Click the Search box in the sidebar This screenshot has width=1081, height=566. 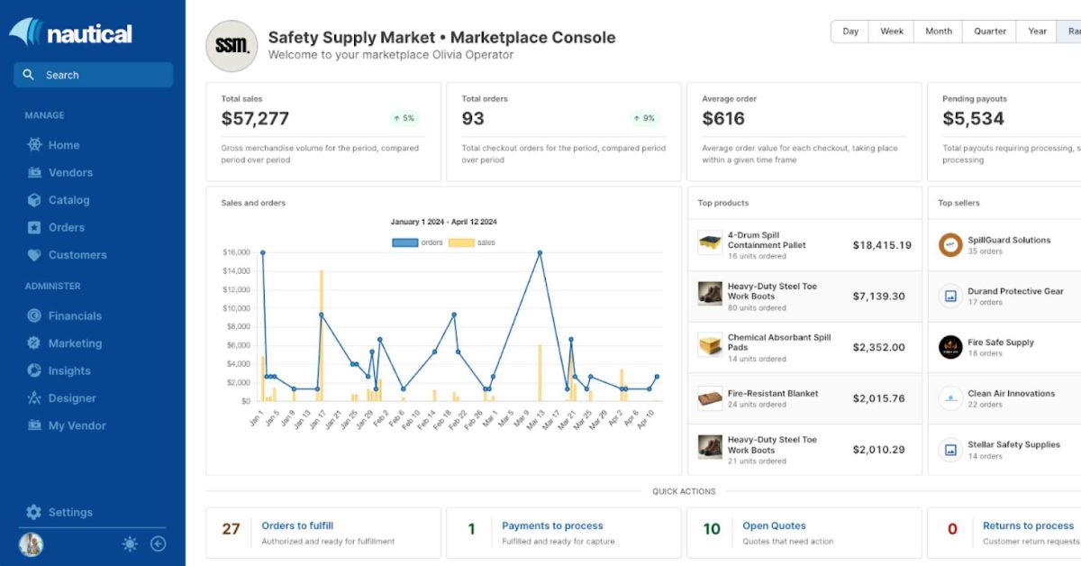(x=93, y=75)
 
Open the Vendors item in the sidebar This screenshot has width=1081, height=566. (x=69, y=172)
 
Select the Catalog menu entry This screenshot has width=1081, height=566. (x=68, y=200)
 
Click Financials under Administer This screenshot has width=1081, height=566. (x=74, y=315)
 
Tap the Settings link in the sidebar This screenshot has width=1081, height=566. (x=69, y=512)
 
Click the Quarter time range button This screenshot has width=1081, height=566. (x=989, y=31)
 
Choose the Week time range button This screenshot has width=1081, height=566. (x=891, y=31)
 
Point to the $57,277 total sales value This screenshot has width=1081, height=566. (x=255, y=118)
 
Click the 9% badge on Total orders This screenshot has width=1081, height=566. (x=644, y=118)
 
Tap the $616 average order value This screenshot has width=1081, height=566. (x=723, y=118)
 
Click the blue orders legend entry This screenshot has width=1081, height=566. (x=418, y=242)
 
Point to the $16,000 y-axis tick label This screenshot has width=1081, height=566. (x=236, y=252)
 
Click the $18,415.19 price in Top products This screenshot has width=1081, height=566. (x=881, y=245)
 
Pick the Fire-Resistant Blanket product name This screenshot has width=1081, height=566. (x=773, y=394)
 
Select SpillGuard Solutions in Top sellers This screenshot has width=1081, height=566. (x=1009, y=241)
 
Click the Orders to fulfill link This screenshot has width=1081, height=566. (x=297, y=525)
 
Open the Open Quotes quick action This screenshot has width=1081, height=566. (x=774, y=525)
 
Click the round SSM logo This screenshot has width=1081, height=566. (x=232, y=46)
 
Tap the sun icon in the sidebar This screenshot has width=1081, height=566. (x=130, y=543)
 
